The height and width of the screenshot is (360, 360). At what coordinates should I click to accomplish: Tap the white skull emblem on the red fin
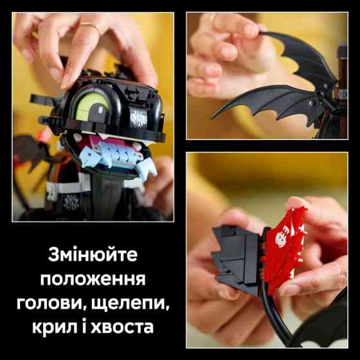click(282, 242)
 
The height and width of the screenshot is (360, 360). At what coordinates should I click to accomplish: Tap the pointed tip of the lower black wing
click(219, 109)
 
